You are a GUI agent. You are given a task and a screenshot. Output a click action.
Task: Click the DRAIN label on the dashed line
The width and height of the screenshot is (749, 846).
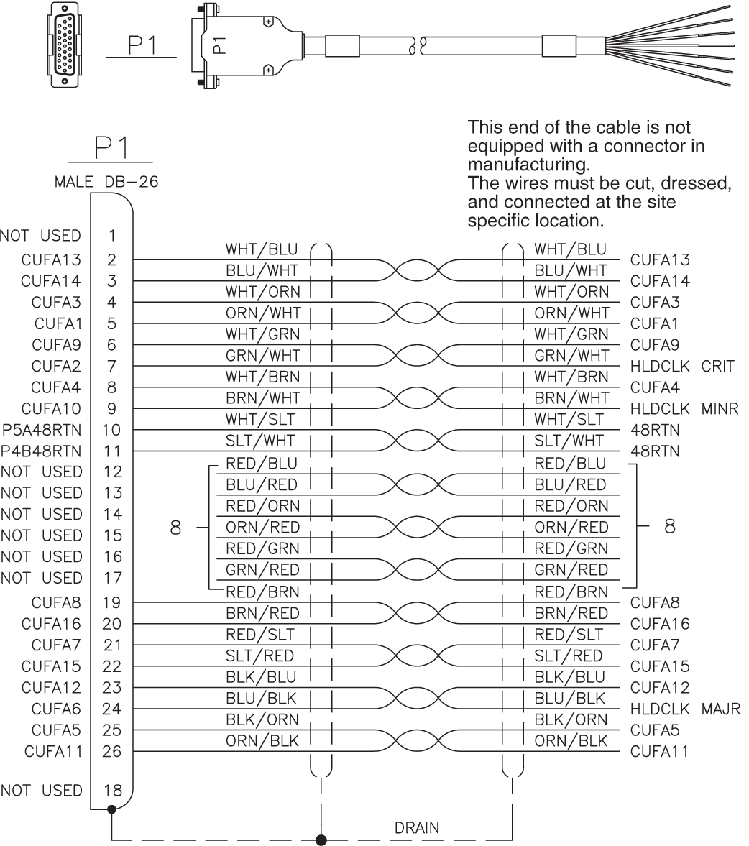point(417,827)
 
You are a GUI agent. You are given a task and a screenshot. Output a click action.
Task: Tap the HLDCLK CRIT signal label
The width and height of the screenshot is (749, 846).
point(682,366)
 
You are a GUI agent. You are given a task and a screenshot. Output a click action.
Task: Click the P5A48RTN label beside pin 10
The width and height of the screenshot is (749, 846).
point(41,430)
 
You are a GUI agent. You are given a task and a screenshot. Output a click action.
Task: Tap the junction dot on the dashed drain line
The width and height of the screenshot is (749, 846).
point(321,839)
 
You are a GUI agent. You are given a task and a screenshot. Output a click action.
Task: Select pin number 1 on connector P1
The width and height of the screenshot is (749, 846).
point(112,235)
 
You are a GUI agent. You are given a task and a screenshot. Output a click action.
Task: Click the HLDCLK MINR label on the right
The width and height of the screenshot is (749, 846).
point(684,408)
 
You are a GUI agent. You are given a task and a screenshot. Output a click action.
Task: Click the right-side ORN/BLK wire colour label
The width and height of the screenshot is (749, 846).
point(571,741)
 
